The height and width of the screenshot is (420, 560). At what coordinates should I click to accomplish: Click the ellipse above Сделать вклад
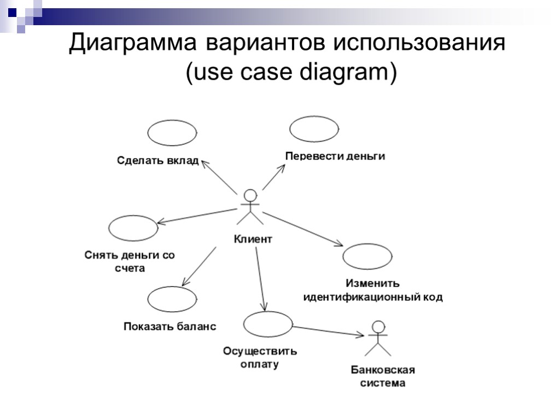pos(172,133)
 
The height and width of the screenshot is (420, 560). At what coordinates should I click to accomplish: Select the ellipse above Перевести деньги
pos(314,129)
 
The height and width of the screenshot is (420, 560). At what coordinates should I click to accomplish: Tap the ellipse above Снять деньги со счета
pos(133,228)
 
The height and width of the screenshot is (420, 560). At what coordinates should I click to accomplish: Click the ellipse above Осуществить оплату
pos(268,324)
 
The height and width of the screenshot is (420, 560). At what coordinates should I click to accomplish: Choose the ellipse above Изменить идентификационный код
pos(367,256)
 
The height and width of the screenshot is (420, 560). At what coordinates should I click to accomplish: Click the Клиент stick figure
pos(250,207)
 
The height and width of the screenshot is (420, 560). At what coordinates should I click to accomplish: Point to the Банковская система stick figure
pos(377,339)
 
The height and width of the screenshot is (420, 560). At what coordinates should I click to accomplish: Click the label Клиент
pos(253,239)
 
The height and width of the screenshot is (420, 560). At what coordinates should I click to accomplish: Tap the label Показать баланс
pos(170,326)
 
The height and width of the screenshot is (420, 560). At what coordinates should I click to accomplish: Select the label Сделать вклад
pos(157,161)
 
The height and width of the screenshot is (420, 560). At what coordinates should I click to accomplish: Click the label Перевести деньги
pos(335,156)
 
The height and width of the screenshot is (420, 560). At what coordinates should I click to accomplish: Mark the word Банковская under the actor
pos(383,370)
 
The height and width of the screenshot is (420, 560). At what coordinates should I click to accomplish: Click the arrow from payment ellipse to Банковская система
pos(328,331)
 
